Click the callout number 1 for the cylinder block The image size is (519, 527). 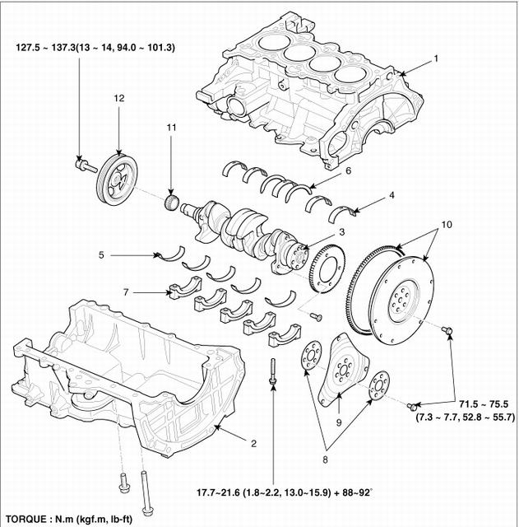click(x=436, y=58)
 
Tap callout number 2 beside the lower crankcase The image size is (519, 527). click(x=254, y=444)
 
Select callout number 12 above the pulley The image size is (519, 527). click(x=118, y=98)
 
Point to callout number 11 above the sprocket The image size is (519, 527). click(x=171, y=128)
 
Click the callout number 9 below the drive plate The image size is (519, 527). click(x=338, y=422)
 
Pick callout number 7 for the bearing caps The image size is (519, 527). click(x=126, y=292)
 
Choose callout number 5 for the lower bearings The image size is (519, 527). click(x=101, y=255)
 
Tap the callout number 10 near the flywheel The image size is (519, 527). click(x=447, y=225)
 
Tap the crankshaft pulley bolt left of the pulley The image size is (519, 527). click(x=86, y=166)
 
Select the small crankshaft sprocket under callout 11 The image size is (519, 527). click(x=172, y=202)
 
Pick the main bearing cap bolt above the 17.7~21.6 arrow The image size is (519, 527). click(x=272, y=371)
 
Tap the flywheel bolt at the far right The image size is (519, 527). click(x=447, y=330)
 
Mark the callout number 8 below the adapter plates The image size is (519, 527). click(x=325, y=459)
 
